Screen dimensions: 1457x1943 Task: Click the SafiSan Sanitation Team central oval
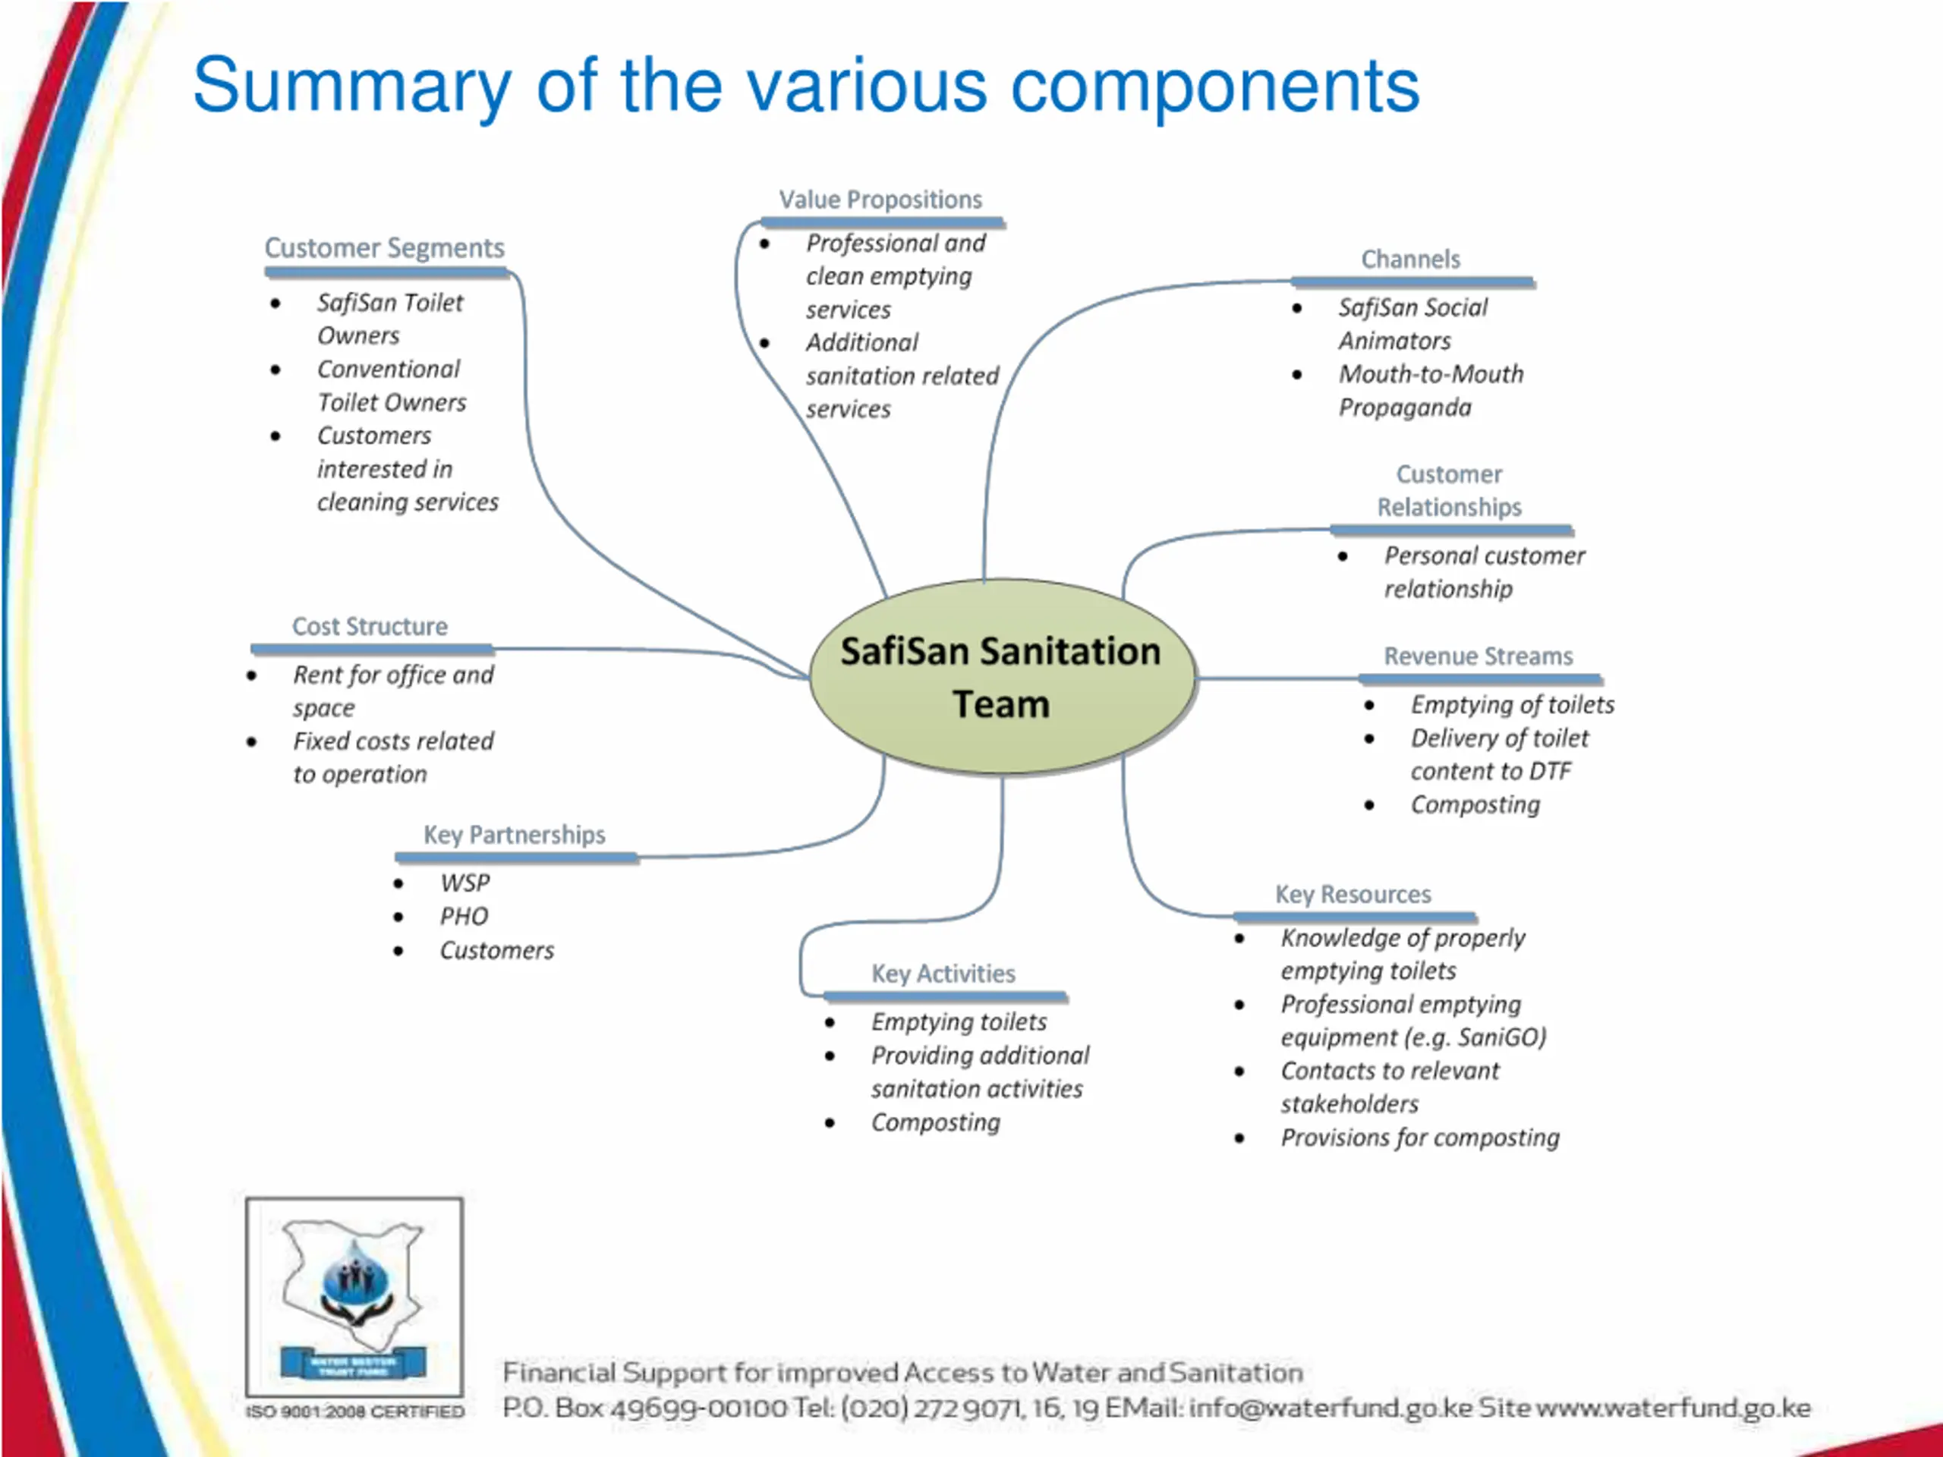(x=1001, y=677)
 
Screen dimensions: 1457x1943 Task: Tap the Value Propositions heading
(x=880, y=200)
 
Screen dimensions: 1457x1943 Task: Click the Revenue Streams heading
(x=1479, y=657)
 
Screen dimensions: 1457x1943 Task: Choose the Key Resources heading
(x=1353, y=895)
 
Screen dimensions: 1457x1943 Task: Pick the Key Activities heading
(x=943, y=974)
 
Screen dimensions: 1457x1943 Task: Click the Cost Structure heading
(x=370, y=627)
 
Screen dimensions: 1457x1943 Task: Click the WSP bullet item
(x=464, y=883)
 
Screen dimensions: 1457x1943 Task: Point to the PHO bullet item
(x=464, y=917)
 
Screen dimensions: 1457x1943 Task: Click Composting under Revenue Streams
(x=1475, y=805)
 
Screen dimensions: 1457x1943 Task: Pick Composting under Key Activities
(x=936, y=1123)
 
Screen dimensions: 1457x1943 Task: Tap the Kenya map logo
(x=354, y=1295)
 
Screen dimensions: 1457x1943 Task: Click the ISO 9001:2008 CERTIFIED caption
(x=355, y=1411)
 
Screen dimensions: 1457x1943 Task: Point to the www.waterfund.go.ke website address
(x=1673, y=1408)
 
